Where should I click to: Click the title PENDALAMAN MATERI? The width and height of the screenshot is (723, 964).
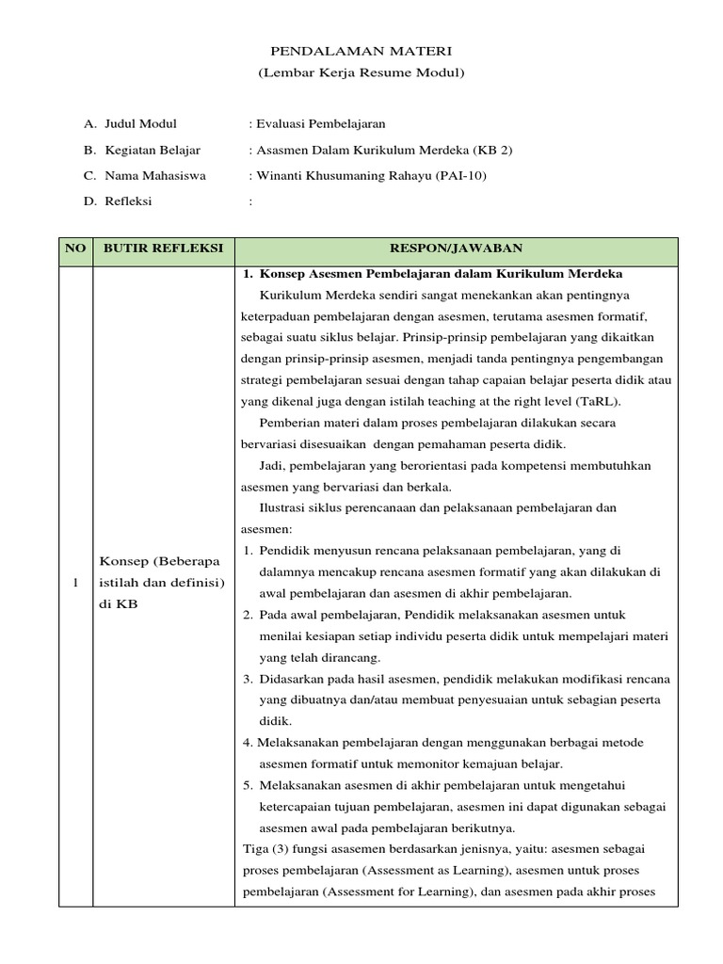(361, 52)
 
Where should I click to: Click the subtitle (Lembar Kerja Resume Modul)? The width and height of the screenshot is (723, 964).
(361, 72)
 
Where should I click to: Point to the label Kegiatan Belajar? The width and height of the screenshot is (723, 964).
(153, 150)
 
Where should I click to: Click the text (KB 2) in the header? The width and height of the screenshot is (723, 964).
(493, 150)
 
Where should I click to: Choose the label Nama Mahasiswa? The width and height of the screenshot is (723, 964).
(155, 175)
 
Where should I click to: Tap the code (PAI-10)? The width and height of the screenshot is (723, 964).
(461, 175)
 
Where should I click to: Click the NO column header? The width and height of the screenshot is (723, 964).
(75, 249)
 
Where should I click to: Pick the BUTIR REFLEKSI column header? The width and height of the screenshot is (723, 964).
(163, 249)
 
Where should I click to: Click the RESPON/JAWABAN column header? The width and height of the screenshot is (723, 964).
(457, 249)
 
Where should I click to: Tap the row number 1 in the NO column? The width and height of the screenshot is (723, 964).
(75, 584)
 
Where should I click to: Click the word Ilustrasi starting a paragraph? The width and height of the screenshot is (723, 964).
(282, 508)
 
